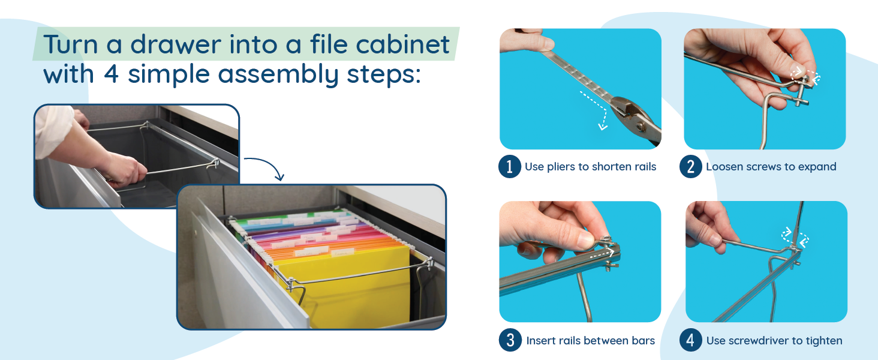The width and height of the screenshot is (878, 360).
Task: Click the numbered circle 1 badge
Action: click(x=509, y=167)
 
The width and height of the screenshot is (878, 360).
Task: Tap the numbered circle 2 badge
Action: click(x=690, y=167)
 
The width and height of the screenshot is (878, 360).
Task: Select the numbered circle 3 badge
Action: click(x=510, y=341)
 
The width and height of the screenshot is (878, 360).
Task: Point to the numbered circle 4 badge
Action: click(x=690, y=341)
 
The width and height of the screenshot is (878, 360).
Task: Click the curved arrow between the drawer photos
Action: click(x=264, y=166)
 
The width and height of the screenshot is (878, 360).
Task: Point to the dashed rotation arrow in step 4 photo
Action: click(x=795, y=238)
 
